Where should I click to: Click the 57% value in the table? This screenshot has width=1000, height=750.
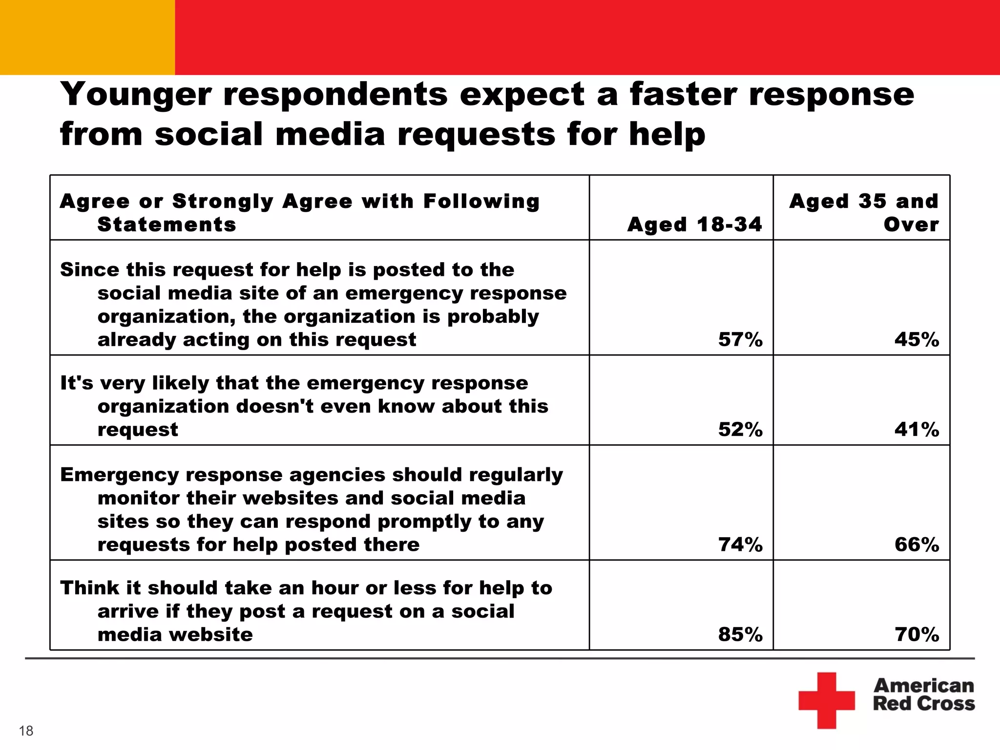740,339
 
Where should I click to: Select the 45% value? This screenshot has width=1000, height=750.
917,339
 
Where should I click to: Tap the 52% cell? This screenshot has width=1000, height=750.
740,429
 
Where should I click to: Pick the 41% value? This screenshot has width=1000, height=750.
917,429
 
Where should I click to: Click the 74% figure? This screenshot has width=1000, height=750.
740,544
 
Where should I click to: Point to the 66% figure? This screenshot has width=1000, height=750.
917,544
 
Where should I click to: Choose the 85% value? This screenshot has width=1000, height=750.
740,634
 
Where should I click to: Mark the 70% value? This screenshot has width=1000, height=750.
917,634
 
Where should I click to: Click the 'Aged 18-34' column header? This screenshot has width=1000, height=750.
694,225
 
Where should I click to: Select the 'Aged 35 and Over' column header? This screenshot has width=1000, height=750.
864,213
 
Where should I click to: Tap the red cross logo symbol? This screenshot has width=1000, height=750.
827,700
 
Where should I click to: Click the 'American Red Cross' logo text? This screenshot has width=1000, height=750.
923,694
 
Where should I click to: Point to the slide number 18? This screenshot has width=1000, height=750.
26,731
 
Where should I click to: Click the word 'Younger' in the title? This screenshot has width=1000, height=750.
136,95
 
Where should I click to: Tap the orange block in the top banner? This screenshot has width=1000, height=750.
87,37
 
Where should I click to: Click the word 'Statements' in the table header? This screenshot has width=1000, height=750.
167,225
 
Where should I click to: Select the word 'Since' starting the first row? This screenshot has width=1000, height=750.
89,270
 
